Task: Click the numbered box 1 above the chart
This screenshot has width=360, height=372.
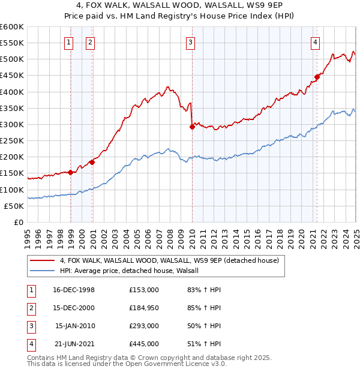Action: (70, 42)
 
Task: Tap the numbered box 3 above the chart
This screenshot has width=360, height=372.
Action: (190, 42)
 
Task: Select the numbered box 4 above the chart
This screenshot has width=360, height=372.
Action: (315, 42)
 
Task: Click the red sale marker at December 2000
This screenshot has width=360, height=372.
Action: (92, 162)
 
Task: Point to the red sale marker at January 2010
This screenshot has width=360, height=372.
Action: (192, 127)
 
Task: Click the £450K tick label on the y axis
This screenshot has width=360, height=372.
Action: (12, 76)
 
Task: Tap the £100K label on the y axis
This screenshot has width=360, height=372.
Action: (12, 190)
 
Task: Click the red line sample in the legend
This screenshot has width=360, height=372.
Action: (42, 261)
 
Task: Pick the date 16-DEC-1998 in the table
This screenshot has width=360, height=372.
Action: (74, 290)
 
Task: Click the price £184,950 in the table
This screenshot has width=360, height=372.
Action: (144, 308)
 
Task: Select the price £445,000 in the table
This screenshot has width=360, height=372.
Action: (144, 344)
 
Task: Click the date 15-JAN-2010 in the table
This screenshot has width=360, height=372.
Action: (75, 326)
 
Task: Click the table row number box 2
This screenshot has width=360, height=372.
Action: (30, 308)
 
